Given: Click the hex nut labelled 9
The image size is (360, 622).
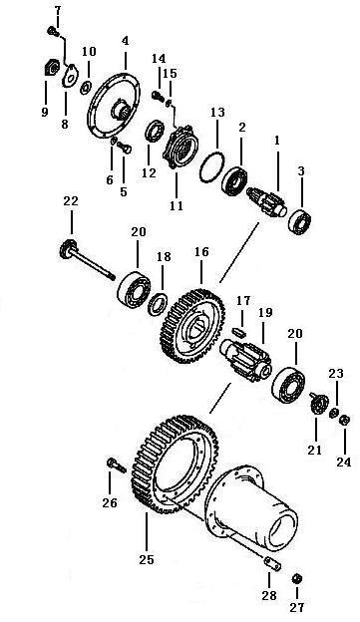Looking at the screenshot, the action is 50,68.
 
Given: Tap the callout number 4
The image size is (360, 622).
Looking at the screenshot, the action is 126,41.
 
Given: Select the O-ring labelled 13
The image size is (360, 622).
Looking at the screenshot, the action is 212,167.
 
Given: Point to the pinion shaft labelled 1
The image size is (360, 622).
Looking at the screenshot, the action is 266,201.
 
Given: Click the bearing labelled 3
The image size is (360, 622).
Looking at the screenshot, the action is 301,221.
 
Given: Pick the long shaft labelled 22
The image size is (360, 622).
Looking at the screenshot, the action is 87,261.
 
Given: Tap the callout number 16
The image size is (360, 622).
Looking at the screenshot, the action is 201,252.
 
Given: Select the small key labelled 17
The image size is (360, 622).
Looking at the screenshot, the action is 239,330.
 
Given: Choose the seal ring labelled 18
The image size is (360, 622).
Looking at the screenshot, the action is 158,303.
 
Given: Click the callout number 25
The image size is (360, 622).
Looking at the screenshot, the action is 147,560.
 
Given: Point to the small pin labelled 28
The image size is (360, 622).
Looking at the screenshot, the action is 273,564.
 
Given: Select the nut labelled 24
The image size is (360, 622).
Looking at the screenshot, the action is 344,420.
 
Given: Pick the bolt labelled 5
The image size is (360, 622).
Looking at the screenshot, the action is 126,149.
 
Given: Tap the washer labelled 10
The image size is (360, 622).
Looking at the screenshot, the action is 86,88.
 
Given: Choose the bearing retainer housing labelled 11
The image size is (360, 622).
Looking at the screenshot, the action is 180,147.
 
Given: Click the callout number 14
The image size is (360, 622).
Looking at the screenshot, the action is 159,58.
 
